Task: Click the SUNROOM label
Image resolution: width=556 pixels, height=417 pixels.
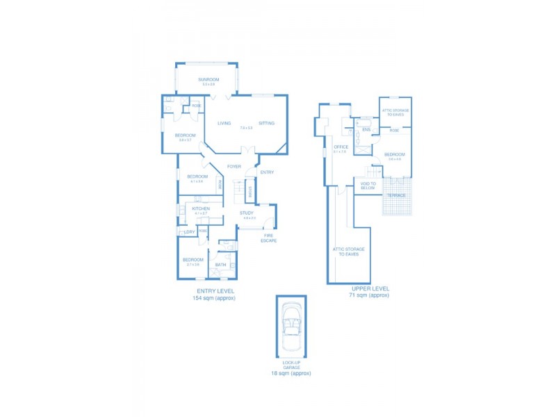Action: (x=208, y=80)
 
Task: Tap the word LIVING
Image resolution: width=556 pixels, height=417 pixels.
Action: (x=224, y=123)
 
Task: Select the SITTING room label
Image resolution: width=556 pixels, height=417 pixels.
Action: (x=267, y=123)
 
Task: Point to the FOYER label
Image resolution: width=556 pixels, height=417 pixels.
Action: (x=234, y=167)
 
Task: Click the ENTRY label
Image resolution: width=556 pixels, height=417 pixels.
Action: (x=267, y=172)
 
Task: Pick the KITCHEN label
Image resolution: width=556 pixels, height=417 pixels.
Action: (x=201, y=208)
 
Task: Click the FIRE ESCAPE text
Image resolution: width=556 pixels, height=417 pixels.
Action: (x=269, y=238)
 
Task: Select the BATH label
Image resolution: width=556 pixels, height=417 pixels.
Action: (x=221, y=265)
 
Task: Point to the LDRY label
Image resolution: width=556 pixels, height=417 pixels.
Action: (x=189, y=231)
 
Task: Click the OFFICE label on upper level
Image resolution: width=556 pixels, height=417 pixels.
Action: (x=341, y=147)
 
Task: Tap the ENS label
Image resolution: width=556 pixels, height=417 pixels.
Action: (x=366, y=130)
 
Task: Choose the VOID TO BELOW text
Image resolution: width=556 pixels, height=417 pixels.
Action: (x=368, y=186)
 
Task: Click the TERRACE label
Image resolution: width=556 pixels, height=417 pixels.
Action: (x=396, y=195)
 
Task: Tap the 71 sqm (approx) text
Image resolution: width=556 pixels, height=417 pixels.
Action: (x=369, y=295)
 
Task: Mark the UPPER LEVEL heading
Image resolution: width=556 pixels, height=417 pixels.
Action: (x=370, y=288)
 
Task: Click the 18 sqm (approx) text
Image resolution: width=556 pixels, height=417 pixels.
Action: (x=291, y=373)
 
